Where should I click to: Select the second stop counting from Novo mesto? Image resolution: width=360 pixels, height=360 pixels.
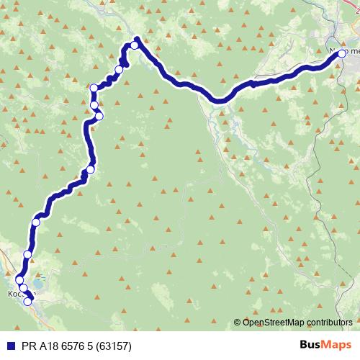pyautogui.click(x=134, y=45)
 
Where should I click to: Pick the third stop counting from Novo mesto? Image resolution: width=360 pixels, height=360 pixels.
pyautogui.click(x=119, y=69)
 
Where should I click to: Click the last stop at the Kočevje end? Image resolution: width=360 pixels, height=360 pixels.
pyautogui.click(x=28, y=302)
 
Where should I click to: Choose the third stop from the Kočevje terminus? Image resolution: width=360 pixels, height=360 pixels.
pyautogui.click(x=19, y=279)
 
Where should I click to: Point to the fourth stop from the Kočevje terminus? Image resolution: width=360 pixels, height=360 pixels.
pyautogui.click(x=27, y=254)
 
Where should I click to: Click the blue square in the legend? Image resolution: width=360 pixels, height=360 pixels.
pyautogui.click(x=8, y=346)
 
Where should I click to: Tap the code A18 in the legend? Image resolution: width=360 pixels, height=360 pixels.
pyautogui.click(x=45, y=346)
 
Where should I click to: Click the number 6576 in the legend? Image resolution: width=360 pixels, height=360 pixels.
pyautogui.click(x=73, y=346)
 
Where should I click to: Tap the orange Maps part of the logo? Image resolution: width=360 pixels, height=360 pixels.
pyautogui.click(x=338, y=346)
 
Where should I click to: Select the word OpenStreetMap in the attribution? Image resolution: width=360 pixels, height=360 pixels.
pyautogui.click(x=274, y=322)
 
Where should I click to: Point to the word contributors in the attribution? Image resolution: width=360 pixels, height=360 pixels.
pyautogui.click(x=329, y=322)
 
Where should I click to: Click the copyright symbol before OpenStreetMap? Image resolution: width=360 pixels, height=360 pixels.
pyautogui.click(x=238, y=322)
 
